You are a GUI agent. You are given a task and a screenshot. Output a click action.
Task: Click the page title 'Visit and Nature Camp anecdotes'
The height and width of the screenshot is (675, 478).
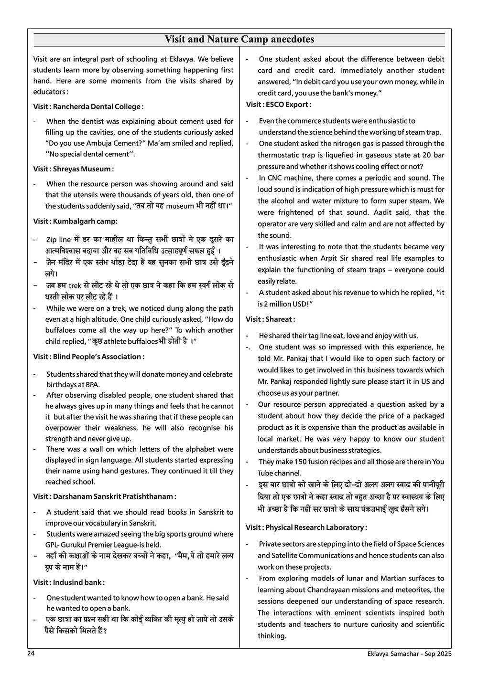239,40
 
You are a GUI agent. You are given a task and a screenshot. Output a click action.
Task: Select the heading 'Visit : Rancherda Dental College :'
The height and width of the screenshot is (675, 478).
88,106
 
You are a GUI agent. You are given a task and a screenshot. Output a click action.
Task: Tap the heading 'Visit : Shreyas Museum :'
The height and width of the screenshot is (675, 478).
74,169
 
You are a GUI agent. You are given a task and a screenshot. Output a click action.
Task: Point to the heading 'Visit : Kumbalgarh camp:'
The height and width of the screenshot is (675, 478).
76,221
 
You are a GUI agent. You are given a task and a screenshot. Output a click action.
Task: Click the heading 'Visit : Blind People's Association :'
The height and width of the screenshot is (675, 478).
89,357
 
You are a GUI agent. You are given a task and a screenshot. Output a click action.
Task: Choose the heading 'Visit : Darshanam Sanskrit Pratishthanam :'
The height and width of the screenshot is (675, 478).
105,496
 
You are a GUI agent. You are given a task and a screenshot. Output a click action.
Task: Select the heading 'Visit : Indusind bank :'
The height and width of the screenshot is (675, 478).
69,582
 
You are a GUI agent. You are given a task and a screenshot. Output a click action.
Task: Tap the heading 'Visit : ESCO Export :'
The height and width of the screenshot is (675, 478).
279,105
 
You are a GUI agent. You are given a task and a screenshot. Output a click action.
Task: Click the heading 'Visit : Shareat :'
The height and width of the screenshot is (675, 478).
271,319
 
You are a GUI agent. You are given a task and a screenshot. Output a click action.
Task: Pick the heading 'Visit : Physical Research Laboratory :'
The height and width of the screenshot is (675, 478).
306,527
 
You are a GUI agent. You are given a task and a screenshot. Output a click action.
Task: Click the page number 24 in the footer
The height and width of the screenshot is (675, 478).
31,654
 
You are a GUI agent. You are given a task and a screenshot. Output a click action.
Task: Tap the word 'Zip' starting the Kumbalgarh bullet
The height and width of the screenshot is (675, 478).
52,240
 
